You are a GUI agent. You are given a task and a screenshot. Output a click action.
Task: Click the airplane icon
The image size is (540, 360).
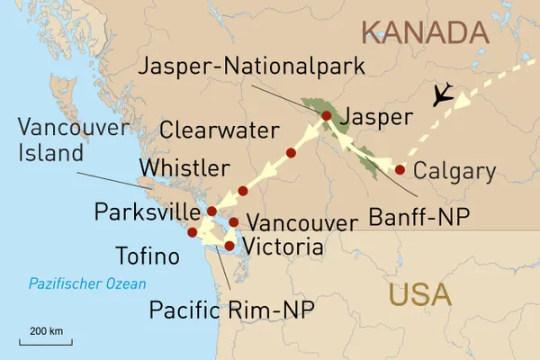[441, 96]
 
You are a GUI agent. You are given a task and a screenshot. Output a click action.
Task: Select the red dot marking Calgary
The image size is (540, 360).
[400, 169]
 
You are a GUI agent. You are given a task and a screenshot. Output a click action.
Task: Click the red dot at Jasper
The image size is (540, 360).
[326, 116]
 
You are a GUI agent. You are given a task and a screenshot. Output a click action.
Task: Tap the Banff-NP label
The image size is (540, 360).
[416, 216]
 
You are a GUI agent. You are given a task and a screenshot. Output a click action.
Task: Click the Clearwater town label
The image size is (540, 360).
[219, 130]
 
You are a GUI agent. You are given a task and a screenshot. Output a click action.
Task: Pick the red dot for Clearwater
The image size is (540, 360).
[290, 153]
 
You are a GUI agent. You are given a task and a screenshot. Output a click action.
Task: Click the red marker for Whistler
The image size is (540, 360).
[243, 191]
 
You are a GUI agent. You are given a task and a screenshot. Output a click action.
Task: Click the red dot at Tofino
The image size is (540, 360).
[192, 232]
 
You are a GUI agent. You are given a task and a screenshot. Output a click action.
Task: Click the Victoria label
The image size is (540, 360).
[283, 246]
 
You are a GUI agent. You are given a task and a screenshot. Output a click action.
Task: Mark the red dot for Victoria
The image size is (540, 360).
[229, 245]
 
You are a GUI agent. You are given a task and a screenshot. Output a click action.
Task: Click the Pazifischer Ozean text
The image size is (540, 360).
[86, 284]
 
